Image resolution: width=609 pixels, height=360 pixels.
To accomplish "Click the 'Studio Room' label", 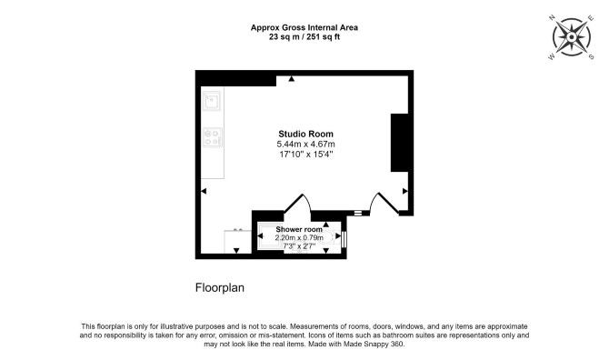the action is click(x=305, y=134).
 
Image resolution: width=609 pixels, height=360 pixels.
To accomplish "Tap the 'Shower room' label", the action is click(x=299, y=229).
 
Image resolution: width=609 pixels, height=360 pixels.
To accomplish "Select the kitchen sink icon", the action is click(x=212, y=101).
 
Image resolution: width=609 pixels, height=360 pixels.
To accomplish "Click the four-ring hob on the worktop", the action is click(x=213, y=137).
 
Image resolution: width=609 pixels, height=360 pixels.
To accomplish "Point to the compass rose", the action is click(x=572, y=37).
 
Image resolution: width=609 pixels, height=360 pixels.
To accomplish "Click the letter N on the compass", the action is click(x=552, y=18).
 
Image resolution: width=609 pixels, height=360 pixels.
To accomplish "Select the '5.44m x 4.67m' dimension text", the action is click(x=305, y=144).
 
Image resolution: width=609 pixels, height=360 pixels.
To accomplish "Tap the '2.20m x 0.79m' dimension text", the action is click(x=299, y=237).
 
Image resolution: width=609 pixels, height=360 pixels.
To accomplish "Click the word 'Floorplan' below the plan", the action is click(x=220, y=288).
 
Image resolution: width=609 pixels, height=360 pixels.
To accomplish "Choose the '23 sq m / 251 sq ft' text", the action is click(x=304, y=37).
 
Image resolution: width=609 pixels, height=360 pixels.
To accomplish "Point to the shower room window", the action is click(x=344, y=239).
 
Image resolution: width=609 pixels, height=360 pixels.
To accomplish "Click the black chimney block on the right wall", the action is click(x=399, y=143).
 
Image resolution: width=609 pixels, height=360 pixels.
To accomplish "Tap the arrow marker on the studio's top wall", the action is click(x=291, y=79).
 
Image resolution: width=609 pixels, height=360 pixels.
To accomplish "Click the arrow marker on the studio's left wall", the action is click(x=204, y=191).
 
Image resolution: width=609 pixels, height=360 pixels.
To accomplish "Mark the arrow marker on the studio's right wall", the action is click(x=405, y=191).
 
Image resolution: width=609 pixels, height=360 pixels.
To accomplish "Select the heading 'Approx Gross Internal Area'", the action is click(x=304, y=27).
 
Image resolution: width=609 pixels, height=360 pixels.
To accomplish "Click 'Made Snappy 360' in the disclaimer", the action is click(x=374, y=344).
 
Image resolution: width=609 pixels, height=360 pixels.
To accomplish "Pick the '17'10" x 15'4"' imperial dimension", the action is click(x=306, y=155).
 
